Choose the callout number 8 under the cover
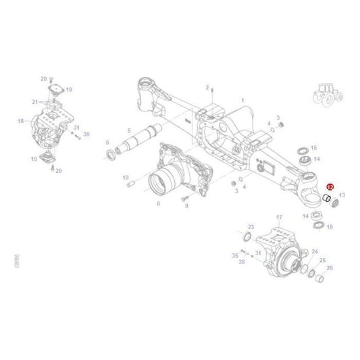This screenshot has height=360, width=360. (x=158, y=203)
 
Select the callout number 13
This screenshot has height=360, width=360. (x=342, y=195)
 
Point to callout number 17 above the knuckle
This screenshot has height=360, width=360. (x=279, y=217)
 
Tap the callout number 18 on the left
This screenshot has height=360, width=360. (x=20, y=121)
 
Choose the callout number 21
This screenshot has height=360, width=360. (x=35, y=101)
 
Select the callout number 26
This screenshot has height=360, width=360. (x=330, y=268)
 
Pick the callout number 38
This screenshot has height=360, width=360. (x=242, y=261)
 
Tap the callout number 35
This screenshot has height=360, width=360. (x=234, y=256)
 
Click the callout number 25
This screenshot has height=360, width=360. (x=322, y=260)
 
